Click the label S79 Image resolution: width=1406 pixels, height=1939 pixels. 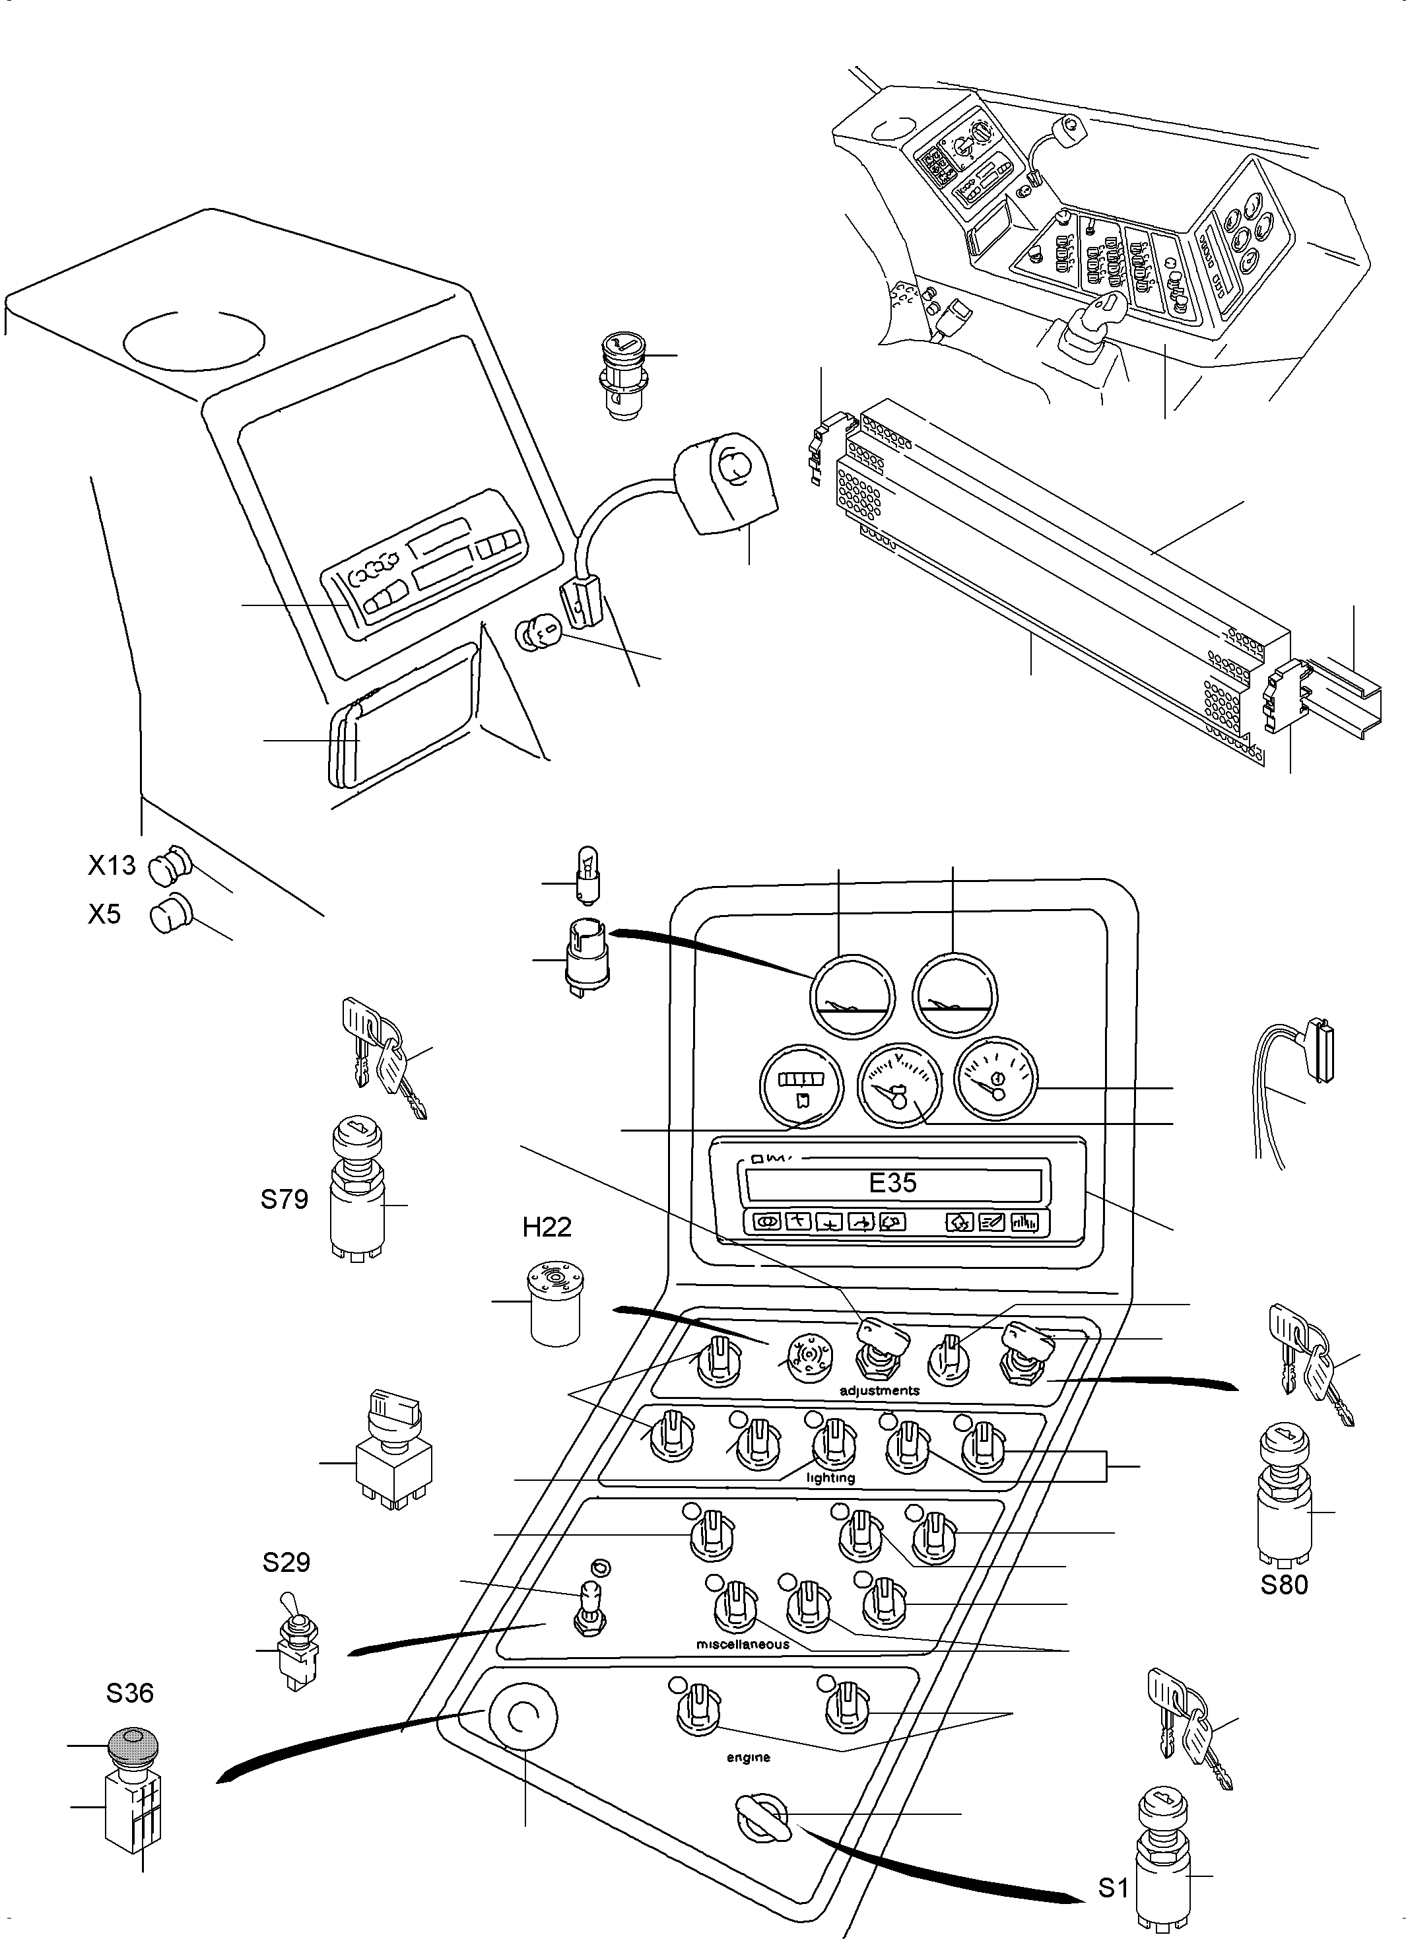click(x=284, y=1200)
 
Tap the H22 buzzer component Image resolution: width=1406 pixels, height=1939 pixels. click(x=554, y=1303)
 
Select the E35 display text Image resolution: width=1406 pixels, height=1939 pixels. click(x=892, y=1182)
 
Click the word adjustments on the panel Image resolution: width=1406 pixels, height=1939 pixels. click(x=879, y=1391)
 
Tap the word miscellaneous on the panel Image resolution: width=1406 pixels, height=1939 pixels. click(x=742, y=1644)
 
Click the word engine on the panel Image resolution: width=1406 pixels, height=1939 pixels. click(x=748, y=1757)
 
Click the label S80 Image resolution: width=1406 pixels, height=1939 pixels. click(x=1284, y=1584)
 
